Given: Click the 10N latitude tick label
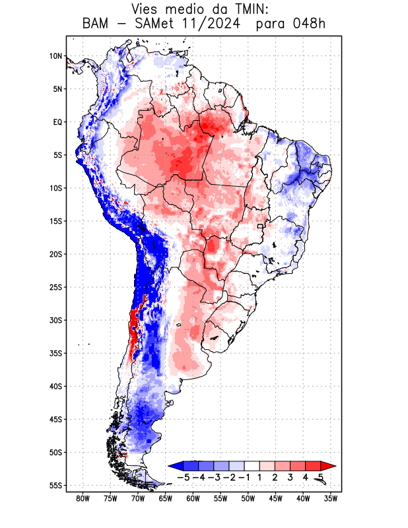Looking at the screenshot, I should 55,56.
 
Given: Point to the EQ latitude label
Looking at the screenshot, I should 57,122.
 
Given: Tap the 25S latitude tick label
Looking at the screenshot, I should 55,287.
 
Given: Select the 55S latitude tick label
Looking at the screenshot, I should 55,485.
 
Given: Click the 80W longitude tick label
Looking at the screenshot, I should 83,498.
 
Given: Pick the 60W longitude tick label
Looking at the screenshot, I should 193,498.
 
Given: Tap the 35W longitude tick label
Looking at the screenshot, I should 330,498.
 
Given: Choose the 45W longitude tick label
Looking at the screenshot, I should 275,498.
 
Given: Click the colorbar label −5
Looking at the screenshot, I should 183,477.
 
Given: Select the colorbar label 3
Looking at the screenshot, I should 290,477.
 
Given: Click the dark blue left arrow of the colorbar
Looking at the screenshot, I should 175,465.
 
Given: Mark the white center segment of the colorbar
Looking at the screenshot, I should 252,465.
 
